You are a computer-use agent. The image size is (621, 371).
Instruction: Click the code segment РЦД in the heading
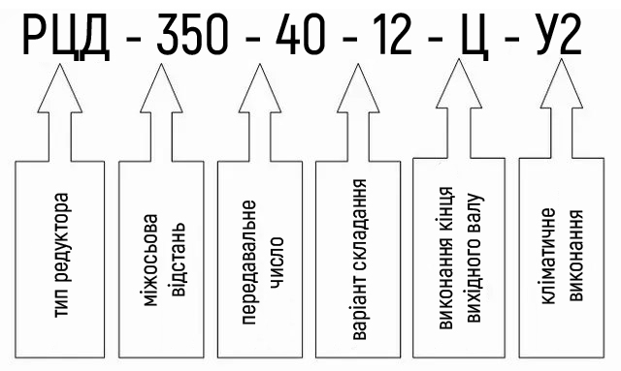click(66, 37)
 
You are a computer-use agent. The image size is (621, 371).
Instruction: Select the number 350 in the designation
click(192, 34)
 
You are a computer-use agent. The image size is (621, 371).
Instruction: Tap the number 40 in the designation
click(301, 34)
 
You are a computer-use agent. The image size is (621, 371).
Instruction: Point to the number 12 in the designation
click(393, 34)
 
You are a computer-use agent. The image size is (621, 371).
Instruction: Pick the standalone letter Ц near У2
click(474, 37)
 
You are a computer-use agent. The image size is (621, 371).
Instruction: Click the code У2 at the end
click(559, 34)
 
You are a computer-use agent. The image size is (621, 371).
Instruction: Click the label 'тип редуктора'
click(61, 255)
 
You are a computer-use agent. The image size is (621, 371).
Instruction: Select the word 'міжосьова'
click(150, 261)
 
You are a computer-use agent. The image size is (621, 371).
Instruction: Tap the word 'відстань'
click(177, 260)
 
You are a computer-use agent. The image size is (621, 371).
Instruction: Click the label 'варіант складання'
click(359, 259)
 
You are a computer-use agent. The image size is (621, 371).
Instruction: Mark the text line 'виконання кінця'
click(446, 258)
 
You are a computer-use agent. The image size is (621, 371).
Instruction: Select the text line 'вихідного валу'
click(474, 259)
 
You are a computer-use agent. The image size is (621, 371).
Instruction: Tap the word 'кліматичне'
click(547, 257)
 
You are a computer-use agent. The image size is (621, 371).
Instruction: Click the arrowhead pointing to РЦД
click(60, 88)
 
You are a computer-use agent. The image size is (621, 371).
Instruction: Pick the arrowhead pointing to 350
click(161, 88)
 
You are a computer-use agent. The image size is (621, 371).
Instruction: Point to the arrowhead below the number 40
click(260, 88)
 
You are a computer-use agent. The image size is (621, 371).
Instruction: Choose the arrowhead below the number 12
click(358, 88)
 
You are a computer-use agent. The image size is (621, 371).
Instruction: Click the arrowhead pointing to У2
click(562, 83)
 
